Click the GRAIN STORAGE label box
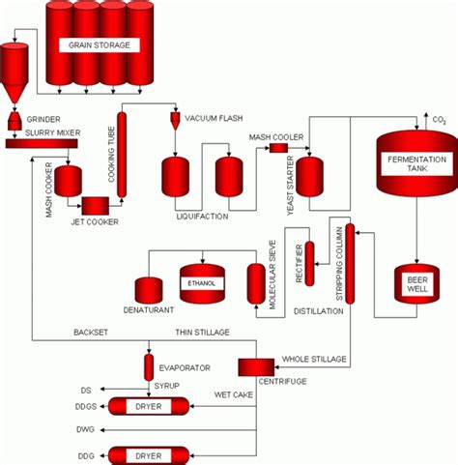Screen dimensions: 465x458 [x=99, y=45]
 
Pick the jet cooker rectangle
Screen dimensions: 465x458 [x=95, y=205]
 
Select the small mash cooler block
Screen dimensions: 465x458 [x=278, y=148]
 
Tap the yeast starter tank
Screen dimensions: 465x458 [x=308, y=175]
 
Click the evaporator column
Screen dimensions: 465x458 [x=149, y=366]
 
